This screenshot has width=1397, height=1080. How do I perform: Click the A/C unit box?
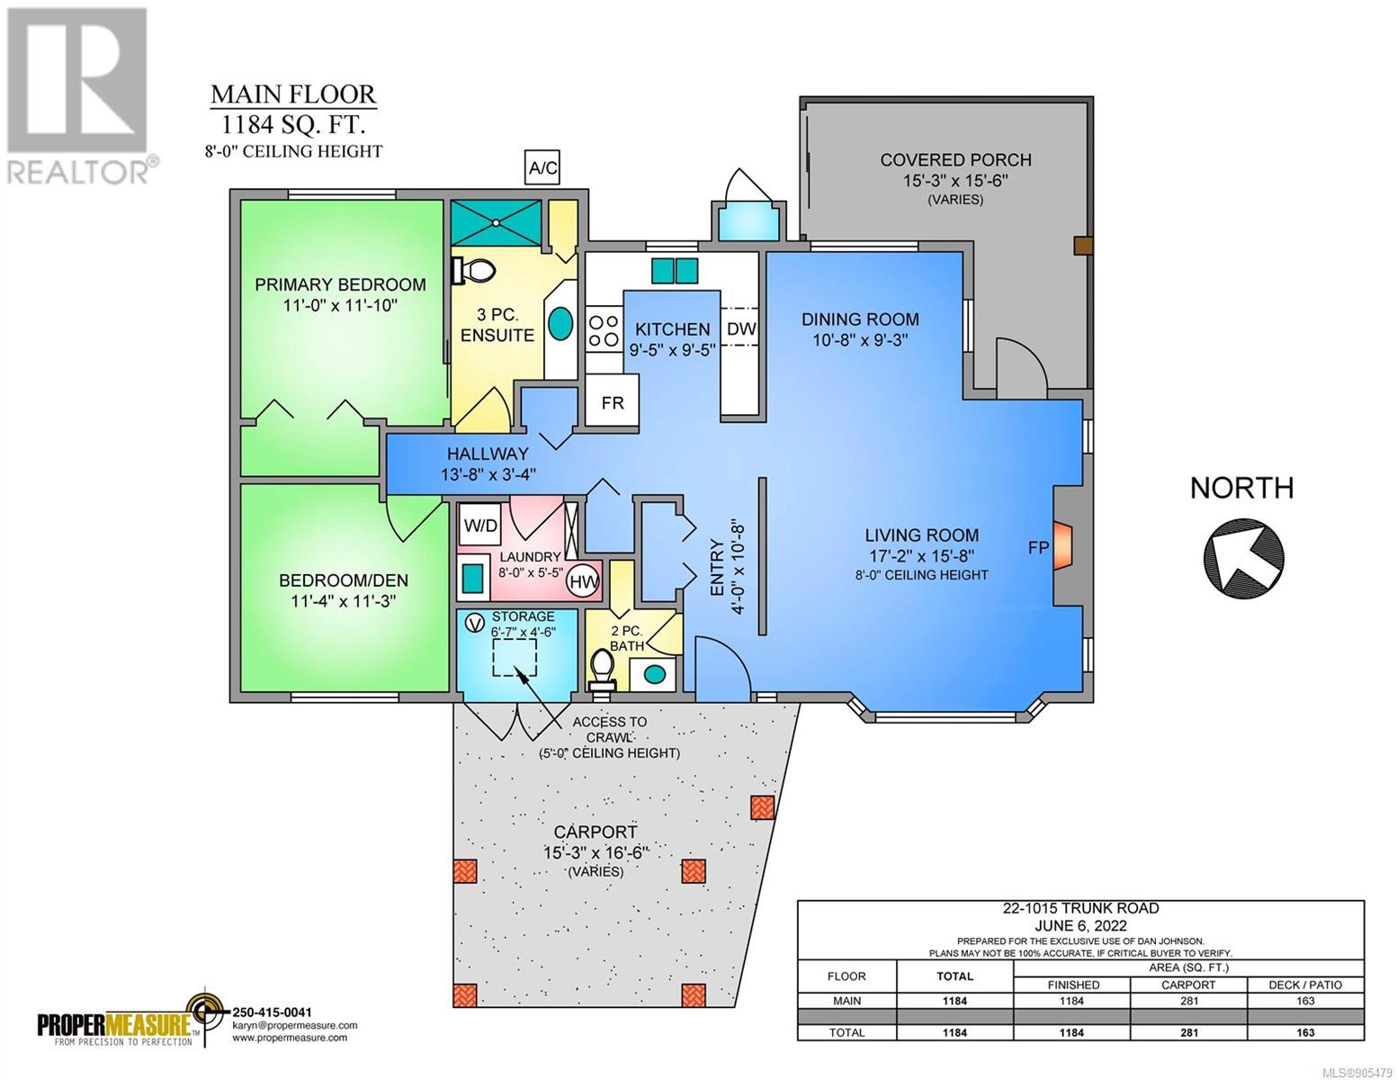[542, 168]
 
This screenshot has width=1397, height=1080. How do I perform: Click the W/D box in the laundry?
[481, 526]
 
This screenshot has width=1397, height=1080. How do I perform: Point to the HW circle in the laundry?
[584, 582]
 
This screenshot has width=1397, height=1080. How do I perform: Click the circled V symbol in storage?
[475, 623]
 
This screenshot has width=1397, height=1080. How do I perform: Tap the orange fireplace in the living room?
[1062, 546]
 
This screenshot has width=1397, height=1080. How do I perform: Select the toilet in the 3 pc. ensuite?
[473, 269]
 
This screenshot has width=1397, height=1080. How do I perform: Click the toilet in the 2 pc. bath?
[603, 671]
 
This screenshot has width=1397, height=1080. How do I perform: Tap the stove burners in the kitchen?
[604, 330]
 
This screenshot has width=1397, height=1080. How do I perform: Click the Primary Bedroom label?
[340, 284]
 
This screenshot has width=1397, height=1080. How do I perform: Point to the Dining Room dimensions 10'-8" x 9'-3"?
[860, 339]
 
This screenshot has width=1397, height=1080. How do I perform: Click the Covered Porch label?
[956, 159]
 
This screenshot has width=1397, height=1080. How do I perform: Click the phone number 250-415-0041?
[271, 1012]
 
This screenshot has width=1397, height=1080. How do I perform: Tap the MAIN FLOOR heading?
[293, 94]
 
